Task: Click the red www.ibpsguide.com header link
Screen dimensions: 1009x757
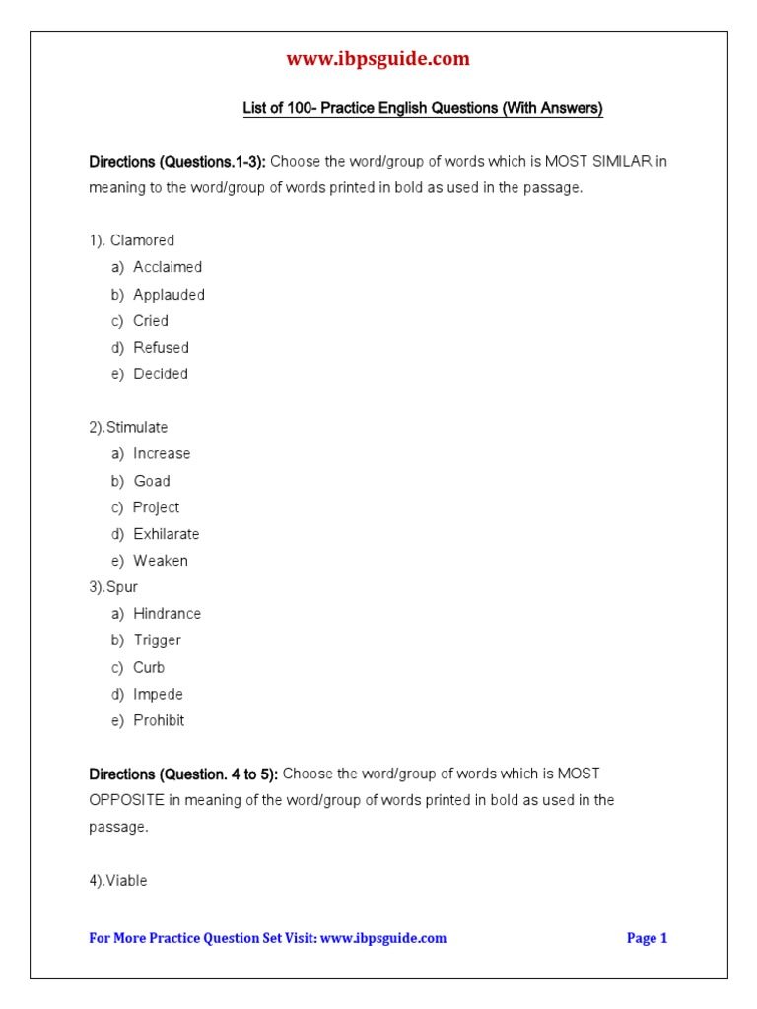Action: [x=378, y=59]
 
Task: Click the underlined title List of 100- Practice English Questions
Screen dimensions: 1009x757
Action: [x=423, y=109]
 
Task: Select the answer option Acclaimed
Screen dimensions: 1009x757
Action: [x=168, y=267]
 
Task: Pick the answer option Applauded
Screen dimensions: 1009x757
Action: [x=169, y=295]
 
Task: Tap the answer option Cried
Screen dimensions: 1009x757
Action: [x=151, y=321]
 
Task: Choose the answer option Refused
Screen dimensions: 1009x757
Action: [x=161, y=348]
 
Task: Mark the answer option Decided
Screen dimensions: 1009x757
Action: [x=161, y=374]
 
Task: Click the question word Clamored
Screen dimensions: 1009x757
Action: [x=142, y=240]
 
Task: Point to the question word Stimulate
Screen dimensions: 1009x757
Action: [x=137, y=428]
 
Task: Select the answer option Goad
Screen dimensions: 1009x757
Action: [x=152, y=481]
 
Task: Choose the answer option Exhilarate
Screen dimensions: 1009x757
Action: [x=166, y=534]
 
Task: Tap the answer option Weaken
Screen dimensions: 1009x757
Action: [x=161, y=561]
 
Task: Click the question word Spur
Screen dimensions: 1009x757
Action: [x=122, y=587]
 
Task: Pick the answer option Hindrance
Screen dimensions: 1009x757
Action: [x=167, y=614]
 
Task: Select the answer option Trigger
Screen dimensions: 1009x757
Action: [x=157, y=640]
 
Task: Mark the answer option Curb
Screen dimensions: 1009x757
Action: [x=149, y=667]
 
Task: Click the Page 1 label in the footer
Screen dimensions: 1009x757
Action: [x=647, y=938]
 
